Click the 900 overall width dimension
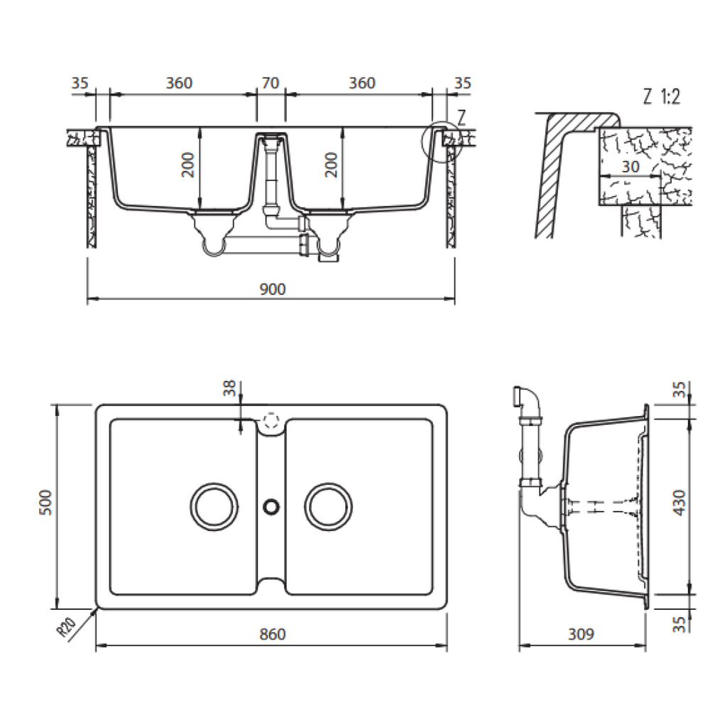tap(272, 289)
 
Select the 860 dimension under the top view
tap(272, 634)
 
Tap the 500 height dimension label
tap(45, 505)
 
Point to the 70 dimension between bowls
tap(270, 83)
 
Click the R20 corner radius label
tap(67, 628)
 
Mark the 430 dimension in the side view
tap(679, 503)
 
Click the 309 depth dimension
tap(581, 634)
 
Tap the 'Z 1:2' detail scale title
tap(661, 98)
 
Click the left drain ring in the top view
tap(213, 506)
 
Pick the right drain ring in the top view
tap(328, 506)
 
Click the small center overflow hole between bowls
tap(270, 506)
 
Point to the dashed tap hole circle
tap(270, 420)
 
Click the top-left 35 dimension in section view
tap(80, 83)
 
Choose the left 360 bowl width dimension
tap(179, 83)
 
